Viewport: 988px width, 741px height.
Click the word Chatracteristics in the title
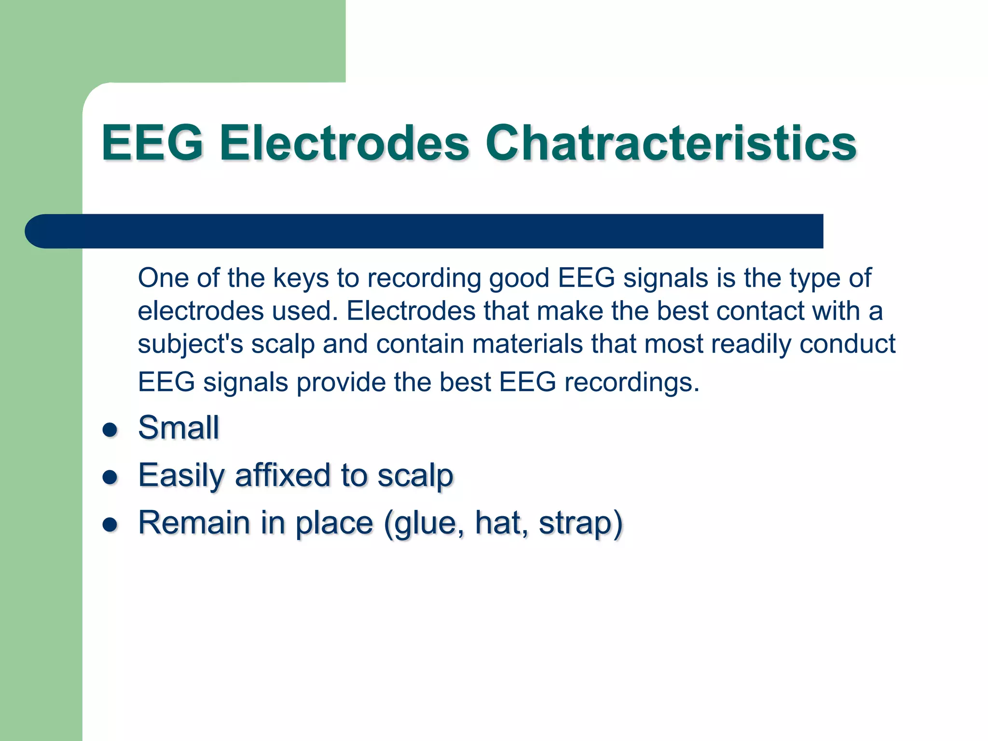[x=671, y=143]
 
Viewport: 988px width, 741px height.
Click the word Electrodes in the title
[x=344, y=143]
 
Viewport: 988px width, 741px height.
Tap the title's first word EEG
[x=152, y=143]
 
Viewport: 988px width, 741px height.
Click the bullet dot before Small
[x=110, y=429]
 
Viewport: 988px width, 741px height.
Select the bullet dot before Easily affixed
[x=110, y=477]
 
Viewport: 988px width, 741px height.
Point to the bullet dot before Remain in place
[x=110, y=524]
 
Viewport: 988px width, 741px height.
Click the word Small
[x=178, y=427]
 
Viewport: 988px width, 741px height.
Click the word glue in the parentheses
[x=425, y=523]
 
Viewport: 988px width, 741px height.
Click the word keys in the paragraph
[x=301, y=278]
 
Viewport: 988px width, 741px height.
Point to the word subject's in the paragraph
[x=190, y=344]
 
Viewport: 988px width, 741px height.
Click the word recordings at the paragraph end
[x=631, y=382]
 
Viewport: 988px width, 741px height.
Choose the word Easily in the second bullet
[x=181, y=476]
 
